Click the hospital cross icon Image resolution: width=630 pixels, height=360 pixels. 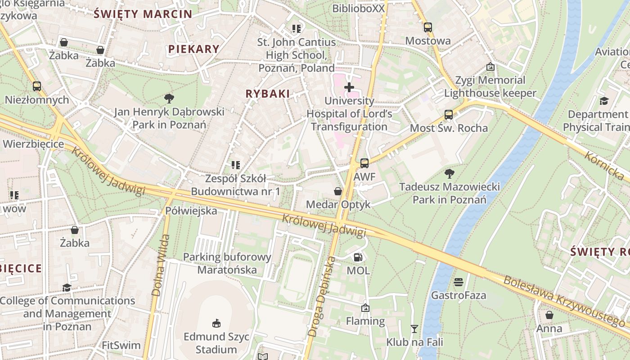(349, 87)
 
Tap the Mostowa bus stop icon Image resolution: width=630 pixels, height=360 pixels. (427, 27)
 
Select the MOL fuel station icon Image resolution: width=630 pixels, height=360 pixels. (358, 257)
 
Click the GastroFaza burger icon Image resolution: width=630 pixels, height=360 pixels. (459, 282)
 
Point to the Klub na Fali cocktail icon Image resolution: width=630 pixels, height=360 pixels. (414, 329)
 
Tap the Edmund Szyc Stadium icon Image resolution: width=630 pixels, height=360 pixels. (216, 323)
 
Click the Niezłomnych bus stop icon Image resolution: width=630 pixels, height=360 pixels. (37, 86)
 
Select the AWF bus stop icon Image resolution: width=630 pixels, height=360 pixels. (364, 163)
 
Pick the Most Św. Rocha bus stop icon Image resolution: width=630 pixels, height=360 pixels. (448, 115)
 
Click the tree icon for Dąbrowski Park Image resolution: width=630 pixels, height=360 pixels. (169, 98)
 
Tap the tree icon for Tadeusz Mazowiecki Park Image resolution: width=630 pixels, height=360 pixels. (449, 173)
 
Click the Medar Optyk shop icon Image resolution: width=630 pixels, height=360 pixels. (337, 191)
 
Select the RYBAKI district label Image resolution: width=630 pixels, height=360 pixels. (267, 94)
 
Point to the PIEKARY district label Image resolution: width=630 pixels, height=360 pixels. (194, 49)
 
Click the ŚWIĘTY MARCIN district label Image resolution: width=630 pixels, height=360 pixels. (143, 13)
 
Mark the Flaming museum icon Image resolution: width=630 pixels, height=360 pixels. (365, 308)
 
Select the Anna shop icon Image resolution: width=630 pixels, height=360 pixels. (549, 315)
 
